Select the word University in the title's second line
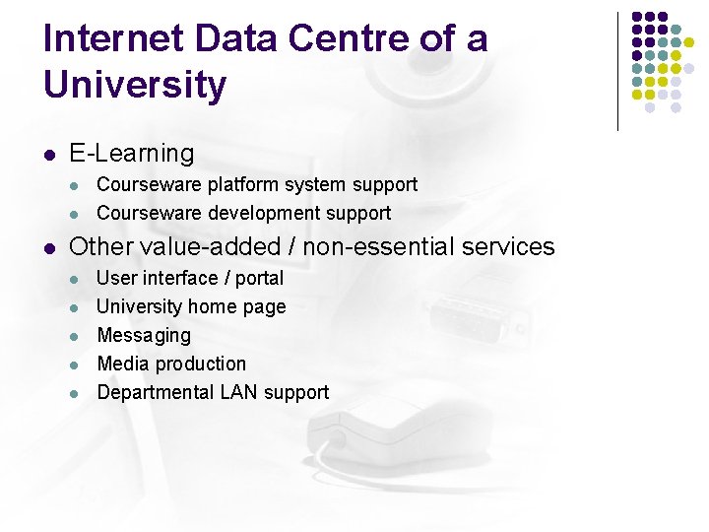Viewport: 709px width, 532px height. pos(135,85)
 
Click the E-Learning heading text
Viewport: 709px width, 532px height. pos(132,154)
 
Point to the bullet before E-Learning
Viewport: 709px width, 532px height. pos(48,155)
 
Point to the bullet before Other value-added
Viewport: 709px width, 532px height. pos(48,247)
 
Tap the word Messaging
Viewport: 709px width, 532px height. pos(144,336)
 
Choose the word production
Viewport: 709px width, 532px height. pos(200,365)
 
